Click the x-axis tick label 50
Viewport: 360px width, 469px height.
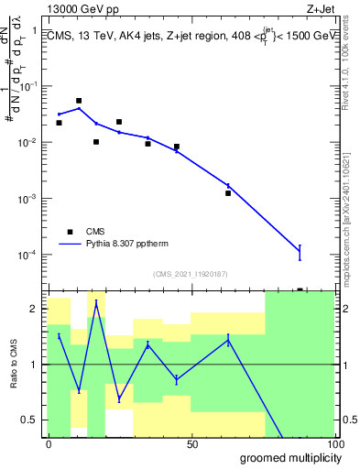(x=192, y=443)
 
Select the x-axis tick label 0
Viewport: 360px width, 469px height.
(x=49, y=443)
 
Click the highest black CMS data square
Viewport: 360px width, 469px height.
(x=79, y=101)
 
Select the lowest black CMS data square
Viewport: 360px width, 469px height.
(x=228, y=193)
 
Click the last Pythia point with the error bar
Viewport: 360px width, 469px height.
(x=300, y=251)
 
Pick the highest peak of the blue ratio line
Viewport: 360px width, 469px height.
(x=96, y=302)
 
